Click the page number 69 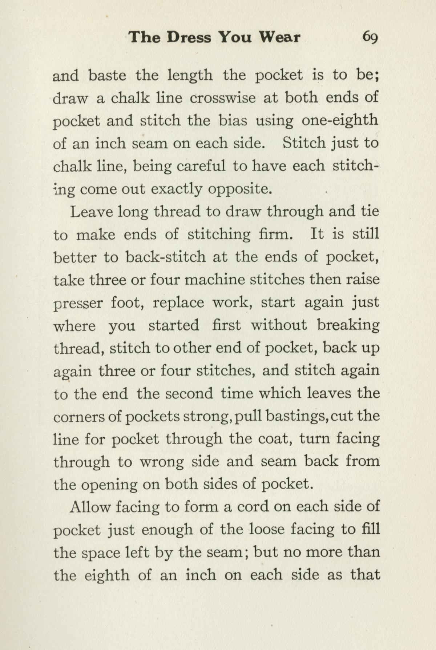(370, 37)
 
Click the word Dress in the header (189, 37)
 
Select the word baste (107, 75)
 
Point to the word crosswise (222, 98)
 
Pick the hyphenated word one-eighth (340, 120)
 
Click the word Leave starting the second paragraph (92, 212)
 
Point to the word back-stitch (165, 257)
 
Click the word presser (78, 303)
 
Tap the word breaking (348, 325)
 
